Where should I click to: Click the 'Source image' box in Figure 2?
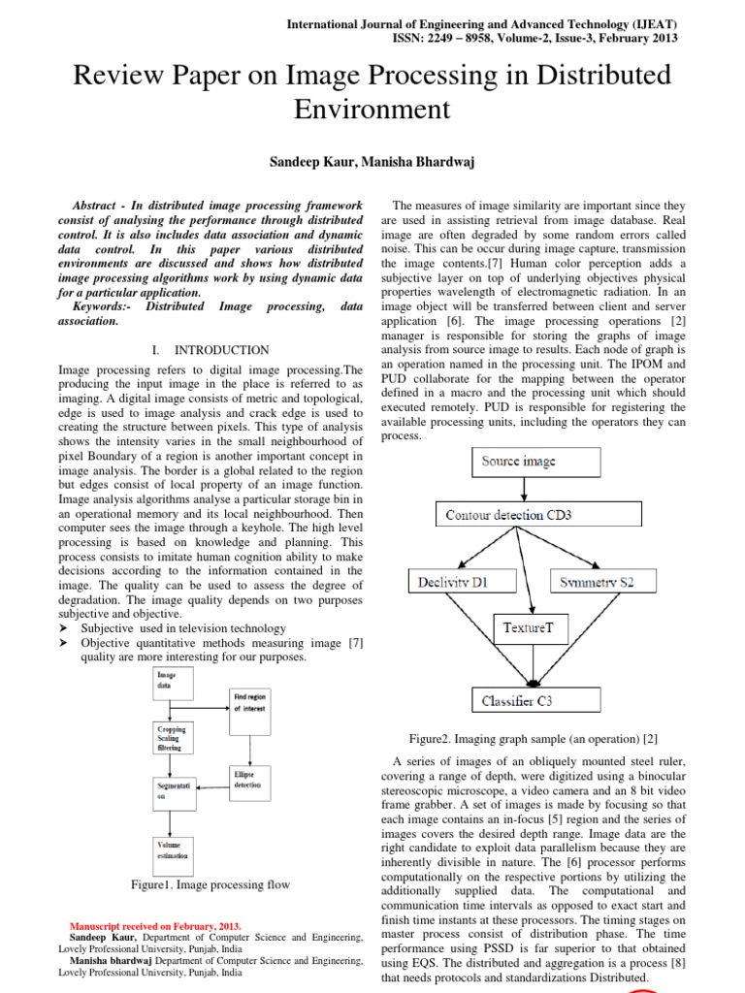519,462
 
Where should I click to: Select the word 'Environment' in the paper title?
372,109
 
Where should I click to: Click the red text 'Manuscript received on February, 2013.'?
156,926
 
